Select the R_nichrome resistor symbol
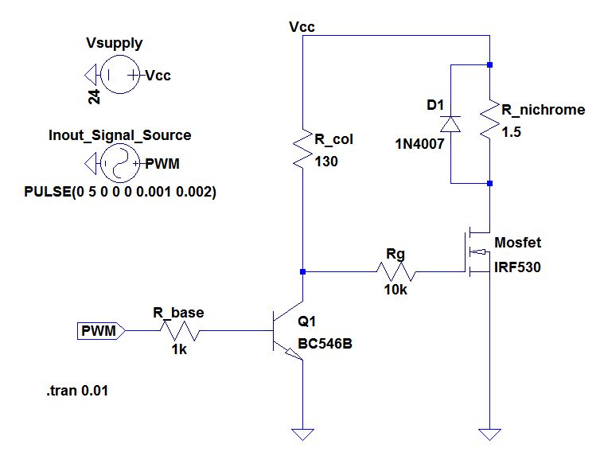click(x=489, y=123)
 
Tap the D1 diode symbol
click(x=451, y=123)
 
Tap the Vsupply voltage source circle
click(x=119, y=76)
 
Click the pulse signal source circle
click(x=119, y=165)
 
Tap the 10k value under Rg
click(x=395, y=290)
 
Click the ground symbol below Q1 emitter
click(x=302, y=434)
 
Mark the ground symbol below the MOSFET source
click(x=489, y=434)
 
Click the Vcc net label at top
click(x=303, y=27)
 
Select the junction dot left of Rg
click(x=302, y=271)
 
